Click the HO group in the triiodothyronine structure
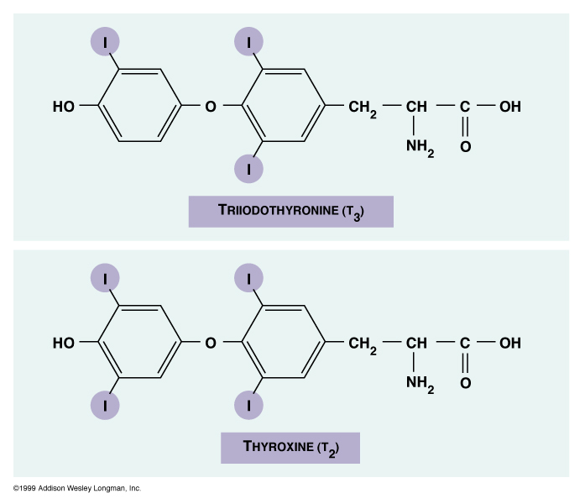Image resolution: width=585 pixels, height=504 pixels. pos(64,107)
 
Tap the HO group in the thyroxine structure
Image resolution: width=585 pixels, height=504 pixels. pos(64,343)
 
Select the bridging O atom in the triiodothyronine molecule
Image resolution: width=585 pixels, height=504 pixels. pos(211,107)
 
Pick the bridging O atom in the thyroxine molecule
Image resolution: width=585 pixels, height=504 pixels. pos(211,343)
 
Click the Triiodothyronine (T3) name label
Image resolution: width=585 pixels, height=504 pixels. pos(290,211)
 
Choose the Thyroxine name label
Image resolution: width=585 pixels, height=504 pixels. pos(290,447)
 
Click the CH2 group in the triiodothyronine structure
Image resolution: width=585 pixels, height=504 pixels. pos(363,108)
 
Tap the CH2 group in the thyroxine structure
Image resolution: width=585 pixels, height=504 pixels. pos(363,344)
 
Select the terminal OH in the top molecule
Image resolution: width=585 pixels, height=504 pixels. pos(509,107)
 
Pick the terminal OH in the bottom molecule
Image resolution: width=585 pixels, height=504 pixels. pos(509,343)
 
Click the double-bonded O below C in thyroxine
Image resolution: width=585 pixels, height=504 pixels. pos(465,383)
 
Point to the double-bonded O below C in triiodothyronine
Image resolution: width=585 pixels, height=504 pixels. pos(465,147)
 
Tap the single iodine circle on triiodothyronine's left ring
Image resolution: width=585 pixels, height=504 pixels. pos(106,40)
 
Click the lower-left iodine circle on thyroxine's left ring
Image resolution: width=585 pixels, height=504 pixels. pos(106,405)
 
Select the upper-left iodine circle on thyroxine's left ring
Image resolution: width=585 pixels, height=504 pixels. pos(106,276)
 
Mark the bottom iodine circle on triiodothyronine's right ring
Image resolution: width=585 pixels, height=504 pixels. pos(248,169)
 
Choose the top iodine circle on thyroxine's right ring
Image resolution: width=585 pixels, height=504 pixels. pos(248,276)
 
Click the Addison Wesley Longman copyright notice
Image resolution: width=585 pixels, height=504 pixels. pos(77,488)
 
